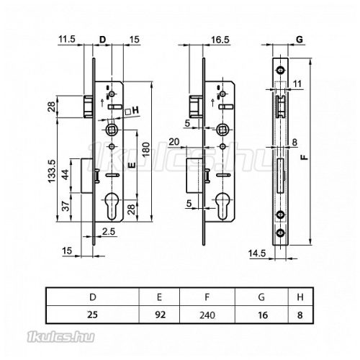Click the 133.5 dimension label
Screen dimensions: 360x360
tap(52, 171)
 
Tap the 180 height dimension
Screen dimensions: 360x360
tap(146, 149)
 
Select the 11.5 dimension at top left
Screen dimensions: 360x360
tap(67, 39)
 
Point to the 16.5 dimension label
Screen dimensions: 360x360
tap(220, 40)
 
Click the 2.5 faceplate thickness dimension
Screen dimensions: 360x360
tap(109, 232)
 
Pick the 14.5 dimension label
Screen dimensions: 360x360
tap(257, 253)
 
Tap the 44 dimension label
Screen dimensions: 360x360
tap(66, 175)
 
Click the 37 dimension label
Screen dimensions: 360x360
tap(66, 206)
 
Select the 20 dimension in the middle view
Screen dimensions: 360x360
tap(174, 142)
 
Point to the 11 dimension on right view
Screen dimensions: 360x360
tap(297, 84)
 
